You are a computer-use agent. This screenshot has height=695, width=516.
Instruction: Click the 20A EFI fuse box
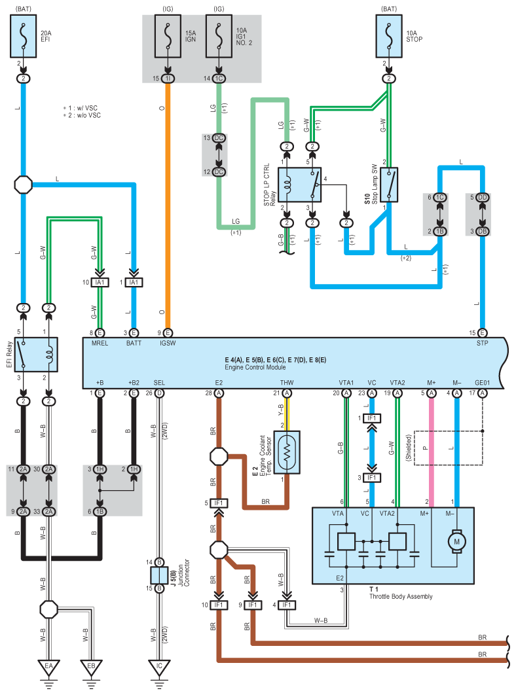(x=23, y=36)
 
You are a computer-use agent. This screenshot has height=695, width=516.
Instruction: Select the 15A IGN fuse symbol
(x=168, y=36)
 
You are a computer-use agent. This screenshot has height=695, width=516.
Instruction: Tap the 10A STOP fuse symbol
(x=389, y=36)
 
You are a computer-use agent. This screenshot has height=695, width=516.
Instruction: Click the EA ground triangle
(x=48, y=667)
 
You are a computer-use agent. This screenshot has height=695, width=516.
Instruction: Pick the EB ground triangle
(x=91, y=667)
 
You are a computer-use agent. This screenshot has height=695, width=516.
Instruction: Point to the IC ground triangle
(x=159, y=667)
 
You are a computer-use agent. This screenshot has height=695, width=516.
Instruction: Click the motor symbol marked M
(x=456, y=541)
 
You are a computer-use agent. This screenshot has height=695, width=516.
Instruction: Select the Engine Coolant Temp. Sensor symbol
(x=287, y=452)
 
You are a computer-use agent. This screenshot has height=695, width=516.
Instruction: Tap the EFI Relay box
(x=36, y=355)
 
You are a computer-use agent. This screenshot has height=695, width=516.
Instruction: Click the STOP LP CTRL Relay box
(x=299, y=185)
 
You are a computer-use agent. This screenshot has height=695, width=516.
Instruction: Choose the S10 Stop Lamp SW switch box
(x=389, y=185)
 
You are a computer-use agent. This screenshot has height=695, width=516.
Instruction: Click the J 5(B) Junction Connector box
(x=159, y=575)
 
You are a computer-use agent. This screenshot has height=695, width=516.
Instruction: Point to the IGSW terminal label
(x=168, y=343)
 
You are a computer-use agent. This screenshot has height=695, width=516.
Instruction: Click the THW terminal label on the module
(x=287, y=383)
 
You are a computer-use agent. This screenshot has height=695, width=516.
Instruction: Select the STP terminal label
(x=483, y=343)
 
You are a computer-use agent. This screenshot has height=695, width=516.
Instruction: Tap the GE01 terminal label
(x=483, y=383)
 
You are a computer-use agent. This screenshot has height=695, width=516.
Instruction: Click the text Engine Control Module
(x=255, y=367)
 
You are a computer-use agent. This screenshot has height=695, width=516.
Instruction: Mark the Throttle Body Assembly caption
(x=401, y=597)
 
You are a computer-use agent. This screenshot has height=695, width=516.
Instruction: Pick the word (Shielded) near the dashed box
(x=409, y=448)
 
